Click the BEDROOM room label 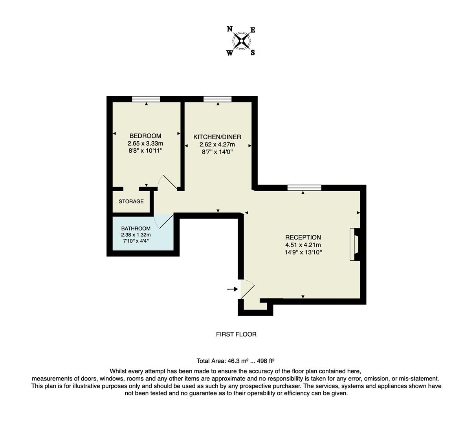[145, 136]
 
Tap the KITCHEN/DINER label [217, 137]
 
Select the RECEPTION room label [303, 237]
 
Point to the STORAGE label [131, 201]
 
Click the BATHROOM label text [136, 228]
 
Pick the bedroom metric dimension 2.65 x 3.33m [145, 143]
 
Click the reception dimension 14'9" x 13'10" [303, 252]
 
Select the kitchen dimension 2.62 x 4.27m [217, 144]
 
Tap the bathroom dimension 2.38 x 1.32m [136, 235]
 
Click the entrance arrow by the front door [233, 289]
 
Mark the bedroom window [146, 99]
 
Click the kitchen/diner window [217, 99]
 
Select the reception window [304, 188]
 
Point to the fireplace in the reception [355, 244]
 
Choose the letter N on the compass [229, 29]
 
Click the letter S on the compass [253, 53]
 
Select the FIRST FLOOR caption [236, 334]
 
